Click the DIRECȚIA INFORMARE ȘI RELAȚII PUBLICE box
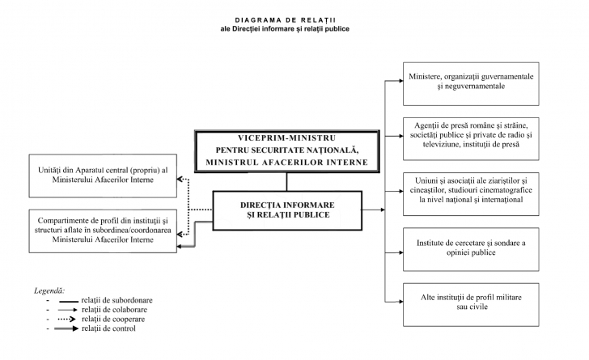pos(287,209)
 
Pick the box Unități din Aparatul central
pos(103,176)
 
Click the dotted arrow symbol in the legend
pos(70,320)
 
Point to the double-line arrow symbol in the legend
pos(70,329)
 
